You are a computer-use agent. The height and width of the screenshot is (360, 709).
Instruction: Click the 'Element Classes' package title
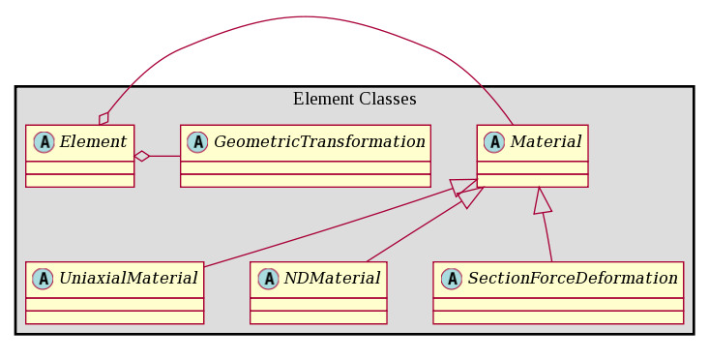(x=354, y=100)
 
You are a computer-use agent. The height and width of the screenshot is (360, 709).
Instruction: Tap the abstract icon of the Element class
(x=44, y=142)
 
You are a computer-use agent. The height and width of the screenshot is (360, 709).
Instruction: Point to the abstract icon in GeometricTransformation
(x=197, y=142)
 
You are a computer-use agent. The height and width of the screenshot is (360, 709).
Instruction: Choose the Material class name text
(x=546, y=142)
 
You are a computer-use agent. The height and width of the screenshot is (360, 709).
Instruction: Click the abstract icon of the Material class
(x=494, y=142)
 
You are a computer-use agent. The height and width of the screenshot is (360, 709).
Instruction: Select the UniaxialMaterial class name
(x=129, y=279)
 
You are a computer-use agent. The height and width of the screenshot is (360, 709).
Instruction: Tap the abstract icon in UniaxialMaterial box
(x=44, y=279)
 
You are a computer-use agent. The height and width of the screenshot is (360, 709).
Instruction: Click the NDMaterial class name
(x=331, y=279)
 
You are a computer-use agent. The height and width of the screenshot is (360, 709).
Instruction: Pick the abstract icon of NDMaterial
(x=267, y=279)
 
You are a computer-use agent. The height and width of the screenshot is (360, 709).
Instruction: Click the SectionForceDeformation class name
(x=573, y=279)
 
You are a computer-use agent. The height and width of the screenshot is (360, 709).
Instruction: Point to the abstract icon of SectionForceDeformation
(x=451, y=279)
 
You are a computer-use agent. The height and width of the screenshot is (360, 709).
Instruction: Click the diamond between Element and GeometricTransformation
(x=142, y=156)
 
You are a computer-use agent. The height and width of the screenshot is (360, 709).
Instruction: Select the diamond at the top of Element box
(x=103, y=118)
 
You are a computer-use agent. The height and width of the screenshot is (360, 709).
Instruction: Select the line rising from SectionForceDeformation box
(x=547, y=237)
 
